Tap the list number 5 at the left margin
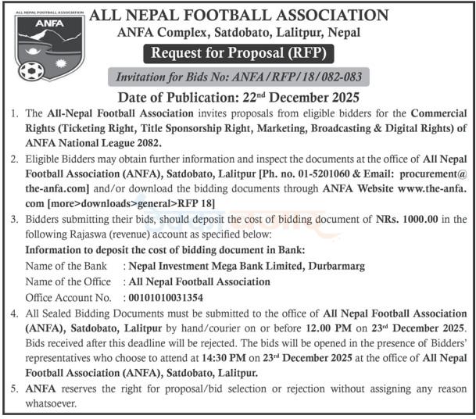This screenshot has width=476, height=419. pos(15,388)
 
